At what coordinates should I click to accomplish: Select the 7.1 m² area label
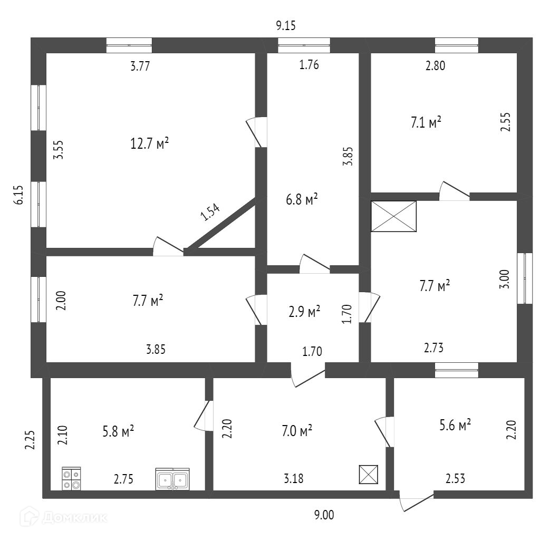pos(426,123)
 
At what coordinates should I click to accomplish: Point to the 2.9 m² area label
pos(304,312)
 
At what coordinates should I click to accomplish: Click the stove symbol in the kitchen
pos(71,478)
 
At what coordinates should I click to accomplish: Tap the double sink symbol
pos(172,479)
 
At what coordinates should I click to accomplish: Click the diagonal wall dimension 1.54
pos(209,212)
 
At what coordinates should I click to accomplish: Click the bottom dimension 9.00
pos(324,515)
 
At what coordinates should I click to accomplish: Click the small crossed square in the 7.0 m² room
pos(369,475)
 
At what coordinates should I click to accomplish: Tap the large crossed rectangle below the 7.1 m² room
pos(393,216)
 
